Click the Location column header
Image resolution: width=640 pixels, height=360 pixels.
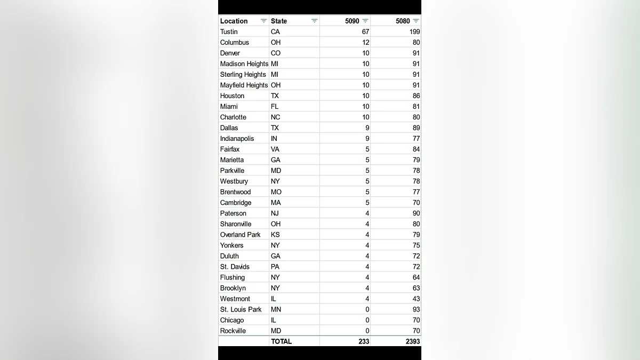click(x=234, y=21)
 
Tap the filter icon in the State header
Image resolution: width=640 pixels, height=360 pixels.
click(x=315, y=21)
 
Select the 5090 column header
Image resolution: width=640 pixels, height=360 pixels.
click(x=352, y=21)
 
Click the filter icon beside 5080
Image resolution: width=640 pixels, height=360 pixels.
click(x=416, y=21)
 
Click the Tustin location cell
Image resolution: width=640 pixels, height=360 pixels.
click(x=229, y=31)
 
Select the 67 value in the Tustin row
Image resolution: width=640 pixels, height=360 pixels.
click(x=365, y=31)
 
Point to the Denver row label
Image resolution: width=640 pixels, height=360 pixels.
click(x=230, y=53)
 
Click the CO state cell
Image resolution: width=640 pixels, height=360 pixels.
click(x=275, y=53)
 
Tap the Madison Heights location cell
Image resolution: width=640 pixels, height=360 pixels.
click(x=244, y=63)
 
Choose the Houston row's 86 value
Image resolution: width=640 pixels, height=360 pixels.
click(x=416, y=95)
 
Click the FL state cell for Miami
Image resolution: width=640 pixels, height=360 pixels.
click(x=274, y=106)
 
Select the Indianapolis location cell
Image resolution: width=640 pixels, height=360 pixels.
click(x=237, y=138)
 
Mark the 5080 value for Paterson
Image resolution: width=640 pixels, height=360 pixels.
click(x=416, y=213)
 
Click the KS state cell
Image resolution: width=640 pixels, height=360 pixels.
click(x=275, y=235)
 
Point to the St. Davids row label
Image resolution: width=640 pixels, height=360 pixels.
click(x=235, y=267)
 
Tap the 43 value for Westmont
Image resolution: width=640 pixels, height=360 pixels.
click(x=416, y=299)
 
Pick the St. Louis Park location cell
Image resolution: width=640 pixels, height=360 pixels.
click(x=241, y=309)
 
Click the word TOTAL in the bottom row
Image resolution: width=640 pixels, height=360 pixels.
click(x=281, y=341)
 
